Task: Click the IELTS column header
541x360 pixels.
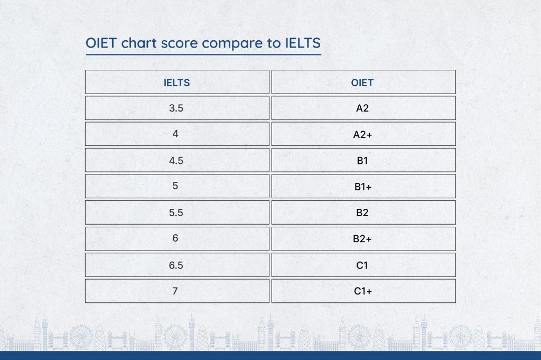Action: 177,82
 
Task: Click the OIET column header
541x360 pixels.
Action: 363,82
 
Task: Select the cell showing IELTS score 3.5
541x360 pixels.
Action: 177,108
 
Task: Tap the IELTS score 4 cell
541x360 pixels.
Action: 177,134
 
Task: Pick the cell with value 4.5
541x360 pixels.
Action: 177,160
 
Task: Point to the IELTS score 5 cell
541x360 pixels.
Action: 177,186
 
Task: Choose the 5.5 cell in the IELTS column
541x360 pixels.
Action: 177,213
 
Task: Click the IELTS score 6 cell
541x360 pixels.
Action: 177,238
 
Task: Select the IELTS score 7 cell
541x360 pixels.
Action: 177,291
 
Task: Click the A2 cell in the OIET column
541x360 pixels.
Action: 363,108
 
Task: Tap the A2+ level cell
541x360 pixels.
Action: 363,134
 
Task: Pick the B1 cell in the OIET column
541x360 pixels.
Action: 363,160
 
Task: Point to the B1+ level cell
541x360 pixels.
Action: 363,186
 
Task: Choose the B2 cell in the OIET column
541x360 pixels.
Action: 363,213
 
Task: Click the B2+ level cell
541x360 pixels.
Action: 363,238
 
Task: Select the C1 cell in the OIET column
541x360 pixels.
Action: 363,265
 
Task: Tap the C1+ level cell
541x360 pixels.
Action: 363,291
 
